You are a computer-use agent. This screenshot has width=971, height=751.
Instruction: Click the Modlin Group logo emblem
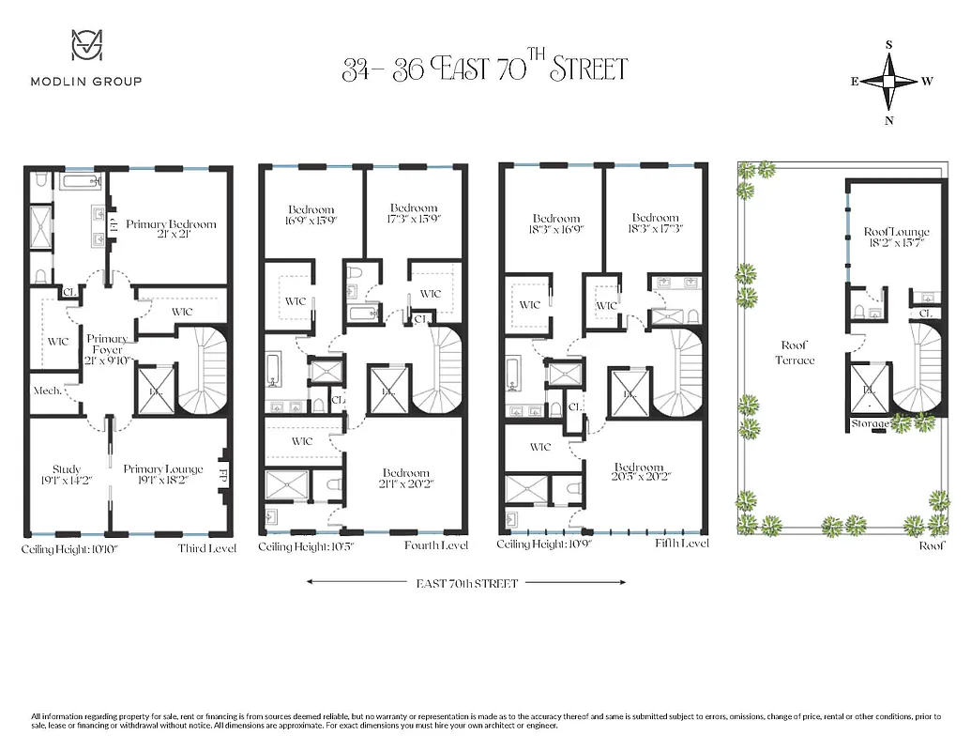[86, 47]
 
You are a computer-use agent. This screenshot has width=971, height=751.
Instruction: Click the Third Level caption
[206, 548]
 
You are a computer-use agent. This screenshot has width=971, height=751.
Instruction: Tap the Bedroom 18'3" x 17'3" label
[655, 223]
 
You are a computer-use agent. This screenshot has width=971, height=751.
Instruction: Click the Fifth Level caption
[681, 544]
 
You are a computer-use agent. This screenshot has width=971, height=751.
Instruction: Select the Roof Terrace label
[794, 353]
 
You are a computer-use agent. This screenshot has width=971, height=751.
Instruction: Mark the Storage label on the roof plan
[869, 424]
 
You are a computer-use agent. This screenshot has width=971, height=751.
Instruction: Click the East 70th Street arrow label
[466, 583]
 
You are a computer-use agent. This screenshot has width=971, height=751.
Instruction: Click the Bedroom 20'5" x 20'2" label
[639, 473]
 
